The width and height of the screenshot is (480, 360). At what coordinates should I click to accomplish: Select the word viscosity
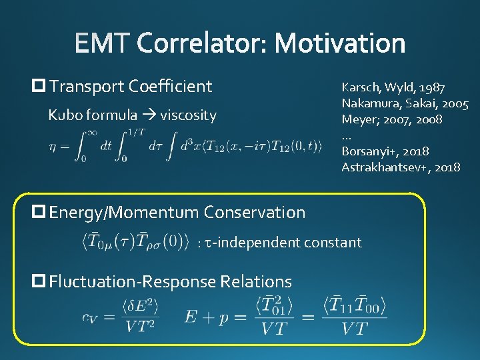(x=188, y=115)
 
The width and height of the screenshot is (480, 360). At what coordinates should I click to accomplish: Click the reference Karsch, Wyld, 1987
(x=393, y=87)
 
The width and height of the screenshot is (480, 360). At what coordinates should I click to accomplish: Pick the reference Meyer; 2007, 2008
(x=392, y=119)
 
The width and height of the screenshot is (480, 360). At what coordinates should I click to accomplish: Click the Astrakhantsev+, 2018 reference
(x=401, y=167)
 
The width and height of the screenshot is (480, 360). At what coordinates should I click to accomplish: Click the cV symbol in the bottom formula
(x=90, y=318)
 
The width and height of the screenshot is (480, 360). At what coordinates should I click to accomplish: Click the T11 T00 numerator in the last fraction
(x=353, y=307)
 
